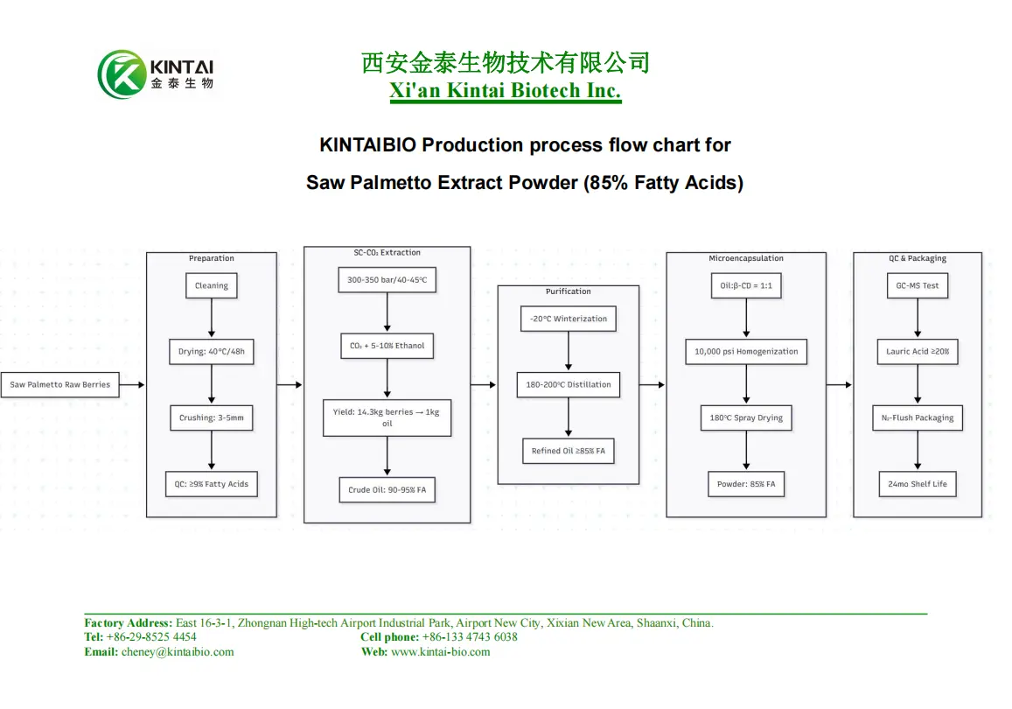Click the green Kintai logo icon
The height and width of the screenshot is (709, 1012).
click(122, 74)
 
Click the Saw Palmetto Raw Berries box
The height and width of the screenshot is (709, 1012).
click(60, 384)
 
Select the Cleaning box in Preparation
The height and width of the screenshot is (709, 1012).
click(212, 285)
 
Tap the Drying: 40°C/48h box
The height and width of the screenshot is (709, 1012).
click(212, 352)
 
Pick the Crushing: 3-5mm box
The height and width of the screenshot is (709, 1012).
click(212, 418)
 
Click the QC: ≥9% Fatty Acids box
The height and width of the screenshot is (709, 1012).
click(212, 484)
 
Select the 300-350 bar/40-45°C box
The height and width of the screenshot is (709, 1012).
click(387, 280)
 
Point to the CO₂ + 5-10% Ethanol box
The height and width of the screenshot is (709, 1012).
click(387, 346)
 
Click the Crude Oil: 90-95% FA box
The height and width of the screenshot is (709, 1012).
click(387, 489)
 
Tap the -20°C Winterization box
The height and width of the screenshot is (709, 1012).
click(569, 319)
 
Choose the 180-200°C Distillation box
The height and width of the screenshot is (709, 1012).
click(569, 384)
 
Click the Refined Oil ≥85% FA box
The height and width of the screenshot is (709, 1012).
click(569, 451)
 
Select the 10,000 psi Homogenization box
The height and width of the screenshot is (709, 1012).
click(746, 352)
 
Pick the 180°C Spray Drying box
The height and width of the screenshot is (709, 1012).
click(746, 418)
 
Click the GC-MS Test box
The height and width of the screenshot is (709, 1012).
click(918, 285)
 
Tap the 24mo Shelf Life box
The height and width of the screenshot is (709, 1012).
click(918, 484)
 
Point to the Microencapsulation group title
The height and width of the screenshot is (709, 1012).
click(746, 258)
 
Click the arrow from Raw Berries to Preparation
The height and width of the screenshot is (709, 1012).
click(132, 384)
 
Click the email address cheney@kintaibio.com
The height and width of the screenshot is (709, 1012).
click(178, 652)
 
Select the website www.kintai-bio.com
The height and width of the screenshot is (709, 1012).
click(440, 652)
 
